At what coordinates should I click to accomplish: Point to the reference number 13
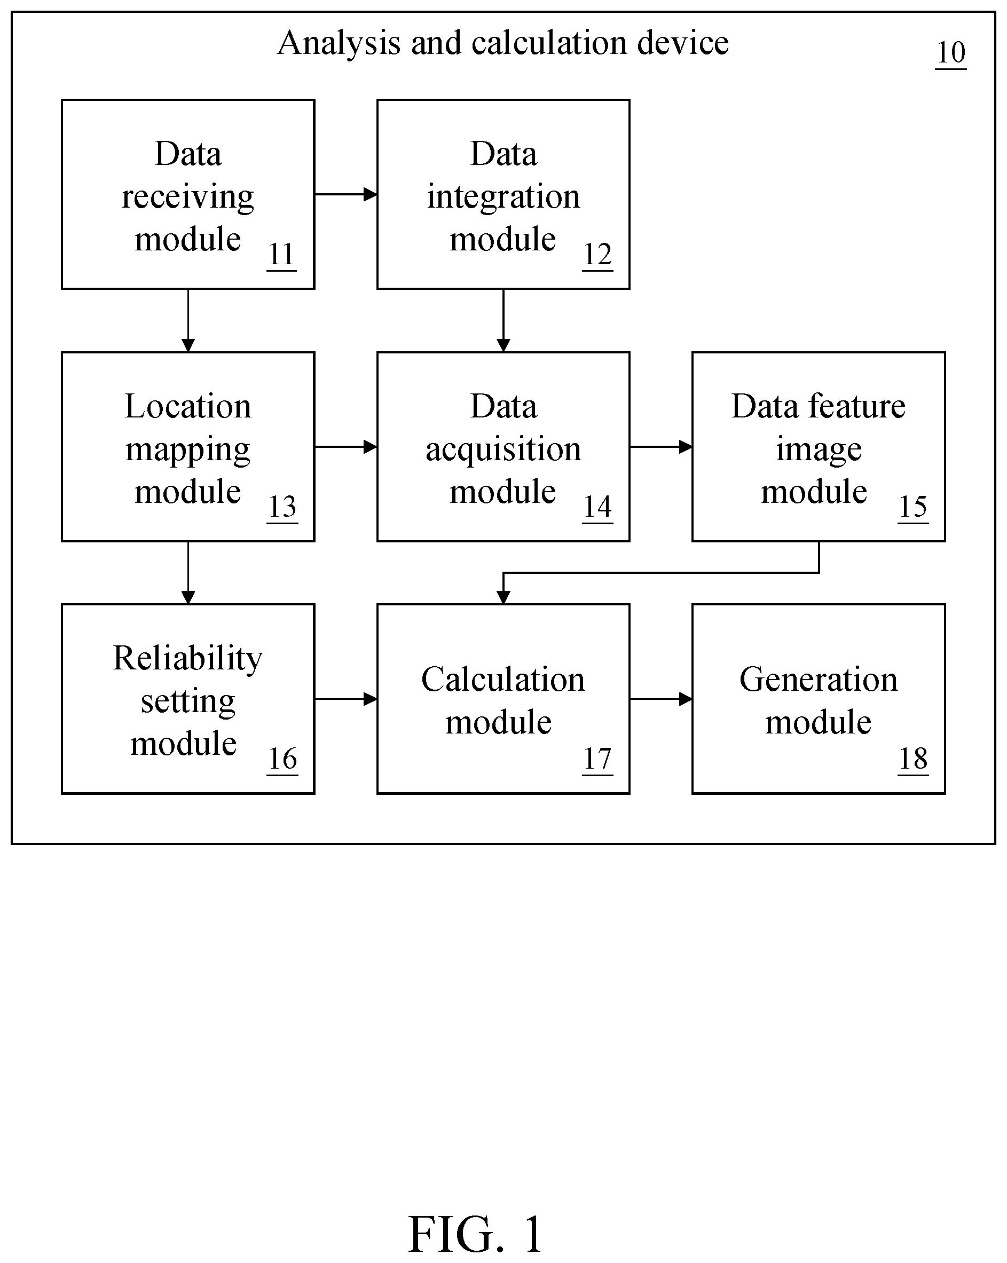tap(282, 507)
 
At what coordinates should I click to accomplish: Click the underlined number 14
tap(597, 507)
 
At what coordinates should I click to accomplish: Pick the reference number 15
tap(913, 507)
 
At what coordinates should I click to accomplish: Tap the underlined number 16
tap(282, 759)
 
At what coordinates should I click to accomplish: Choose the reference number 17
tap(597, 759)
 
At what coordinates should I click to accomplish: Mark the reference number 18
tap(913, 759)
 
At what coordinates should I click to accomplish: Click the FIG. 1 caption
tap(475, 1234)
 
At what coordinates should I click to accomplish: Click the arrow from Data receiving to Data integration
tap(345, 194)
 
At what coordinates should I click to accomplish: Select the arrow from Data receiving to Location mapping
tap(188, 320)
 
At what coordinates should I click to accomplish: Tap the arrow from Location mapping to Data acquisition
tap(345, 447)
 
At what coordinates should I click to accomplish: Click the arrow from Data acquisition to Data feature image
tap(661, 447)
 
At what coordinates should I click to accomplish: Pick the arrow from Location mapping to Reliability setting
tap(188, 573)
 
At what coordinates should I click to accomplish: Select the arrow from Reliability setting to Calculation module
tap(345, 699)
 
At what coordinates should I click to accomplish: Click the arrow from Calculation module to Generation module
tap(661, 699)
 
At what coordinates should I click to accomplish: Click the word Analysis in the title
tap(339, 44)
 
